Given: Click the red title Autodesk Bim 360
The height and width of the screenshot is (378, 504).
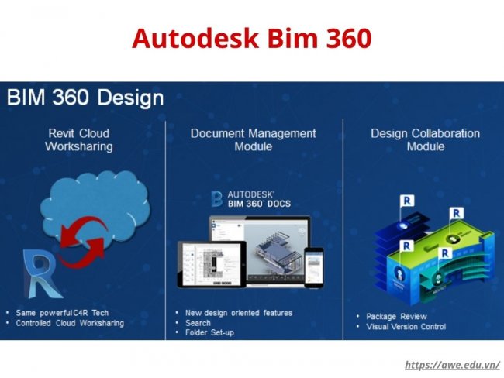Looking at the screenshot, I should pyautogui.click(x=251, y=37).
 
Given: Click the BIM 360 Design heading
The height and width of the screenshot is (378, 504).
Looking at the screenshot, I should pyautogui.click(x=85, y=98).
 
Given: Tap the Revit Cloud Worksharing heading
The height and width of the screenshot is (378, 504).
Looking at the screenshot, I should pyautogui.click(x=78, y=139).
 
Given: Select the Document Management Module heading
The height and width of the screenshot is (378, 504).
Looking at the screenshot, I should pyautogui.click(x=253, y=139).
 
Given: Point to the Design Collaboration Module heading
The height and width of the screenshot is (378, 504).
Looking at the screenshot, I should pyautogui.click(x=425, y=139).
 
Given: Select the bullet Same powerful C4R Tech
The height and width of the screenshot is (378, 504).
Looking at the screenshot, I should pyautogui.click(x=62, y=312).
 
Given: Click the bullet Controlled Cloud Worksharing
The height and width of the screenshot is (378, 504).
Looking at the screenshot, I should pyautogui.click(x=70, y=323).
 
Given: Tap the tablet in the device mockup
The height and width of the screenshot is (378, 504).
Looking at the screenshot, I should pyautogui.click(x=201, y=263).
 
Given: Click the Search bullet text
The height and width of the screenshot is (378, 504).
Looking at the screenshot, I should pyautogui.click(x=197, y=323).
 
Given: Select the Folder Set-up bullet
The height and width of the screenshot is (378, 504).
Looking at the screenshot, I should pyautogui.click(x=209, y=333).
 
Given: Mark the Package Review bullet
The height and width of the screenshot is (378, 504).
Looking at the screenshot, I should pyautogui.click(x=397, y=317).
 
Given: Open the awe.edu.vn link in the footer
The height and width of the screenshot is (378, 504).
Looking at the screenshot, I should pyautogui.click(x=453, y=365).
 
